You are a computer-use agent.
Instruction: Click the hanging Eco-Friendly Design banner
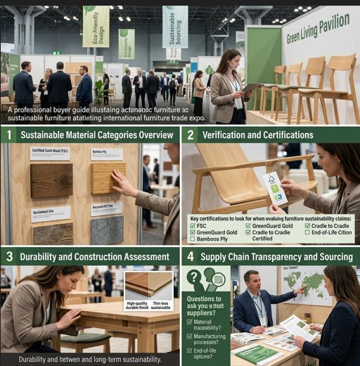tap(96, 26)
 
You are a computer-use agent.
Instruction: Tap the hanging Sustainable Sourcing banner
tap(175, 26)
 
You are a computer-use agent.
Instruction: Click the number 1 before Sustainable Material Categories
tap(9, 134)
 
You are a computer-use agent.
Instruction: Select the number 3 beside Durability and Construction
tap(9, 256)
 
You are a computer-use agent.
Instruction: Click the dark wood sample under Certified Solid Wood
tap(51, 181)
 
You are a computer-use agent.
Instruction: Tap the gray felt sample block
tap(107, 229)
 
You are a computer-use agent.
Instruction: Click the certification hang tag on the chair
tap(274, 189)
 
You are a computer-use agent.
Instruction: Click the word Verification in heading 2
tap(231, 134)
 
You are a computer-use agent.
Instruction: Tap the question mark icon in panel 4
tap(194, 278)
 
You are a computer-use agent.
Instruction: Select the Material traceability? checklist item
tap(206, 324)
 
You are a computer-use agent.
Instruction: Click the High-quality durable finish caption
tap(135, 306)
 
